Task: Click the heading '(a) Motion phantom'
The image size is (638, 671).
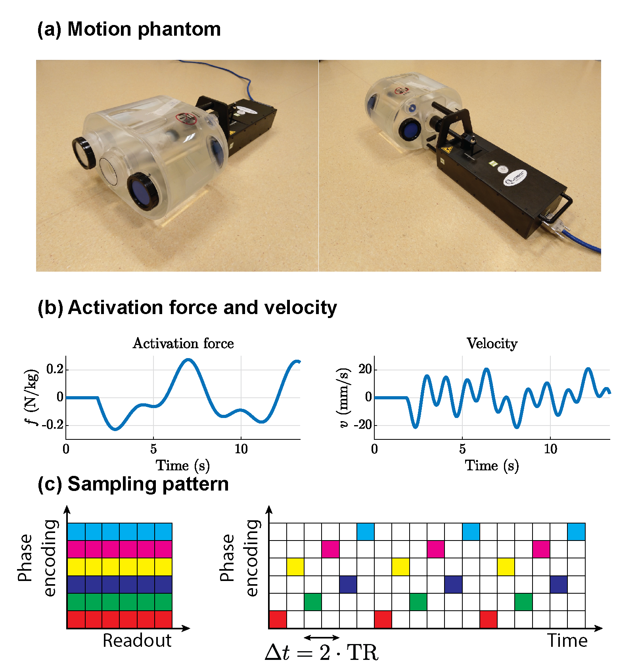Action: [129, 29]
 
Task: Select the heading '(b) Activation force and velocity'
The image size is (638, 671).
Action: [187, 308]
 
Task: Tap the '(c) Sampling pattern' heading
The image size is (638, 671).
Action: [133, 484]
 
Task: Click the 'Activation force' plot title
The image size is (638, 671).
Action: [183, 343]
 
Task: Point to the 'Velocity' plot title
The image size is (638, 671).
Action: [492, 343]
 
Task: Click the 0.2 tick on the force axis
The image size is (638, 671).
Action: [55, 369]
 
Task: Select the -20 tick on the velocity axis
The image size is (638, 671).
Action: [362, 425]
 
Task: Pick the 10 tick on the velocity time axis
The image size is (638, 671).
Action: [550, 449]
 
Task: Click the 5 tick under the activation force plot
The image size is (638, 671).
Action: [153, 449]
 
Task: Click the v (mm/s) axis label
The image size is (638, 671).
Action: [343, 397]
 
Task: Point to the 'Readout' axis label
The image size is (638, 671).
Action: [137, 640]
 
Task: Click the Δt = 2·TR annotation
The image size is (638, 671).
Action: [321, 652]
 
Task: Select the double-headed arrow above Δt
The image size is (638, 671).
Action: [321, 637]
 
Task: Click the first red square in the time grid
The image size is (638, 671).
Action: [278, 619]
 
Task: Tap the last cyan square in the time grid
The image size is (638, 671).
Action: [576, 532]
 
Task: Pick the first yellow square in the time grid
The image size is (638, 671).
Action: [295, 567]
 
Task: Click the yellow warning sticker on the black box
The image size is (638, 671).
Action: [447, 150]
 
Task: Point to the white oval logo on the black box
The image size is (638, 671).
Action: [515, 178]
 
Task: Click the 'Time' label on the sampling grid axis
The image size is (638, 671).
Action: [567, 641]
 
